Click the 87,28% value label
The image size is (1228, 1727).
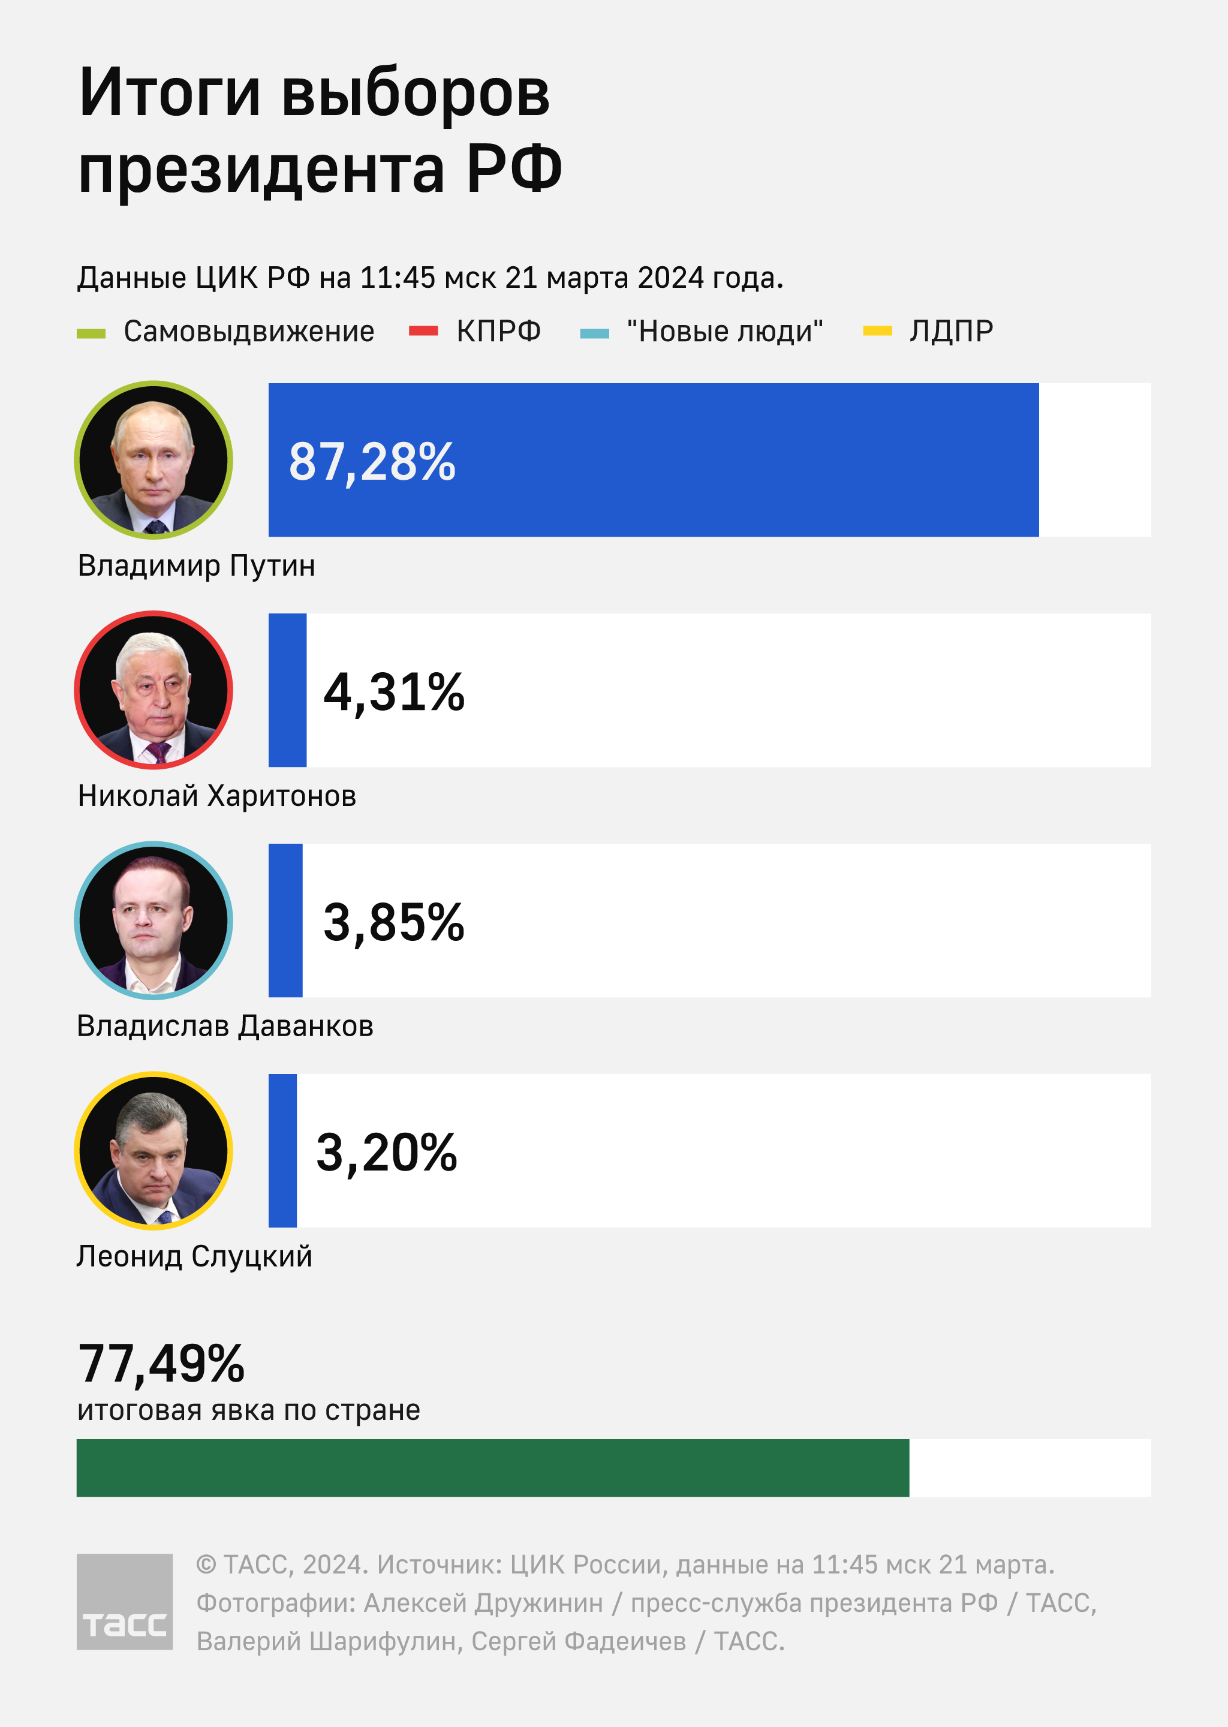[x=372, y=462]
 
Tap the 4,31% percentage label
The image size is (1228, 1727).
[x=394, y=693]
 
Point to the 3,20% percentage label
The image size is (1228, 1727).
[x=386, y=1153]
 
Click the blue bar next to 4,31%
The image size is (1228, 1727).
[x=287, y=690]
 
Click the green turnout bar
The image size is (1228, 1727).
[x=492, y=1467]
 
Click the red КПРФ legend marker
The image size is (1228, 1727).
[x=423, y=330]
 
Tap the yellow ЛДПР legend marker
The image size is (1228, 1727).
[x=877, y=330]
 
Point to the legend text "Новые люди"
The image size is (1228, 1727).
[x=724, y=331]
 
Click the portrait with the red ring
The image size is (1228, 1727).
[x=153, y=690]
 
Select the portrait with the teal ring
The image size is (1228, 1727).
[x=153, y=920]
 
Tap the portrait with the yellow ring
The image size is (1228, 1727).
[x=153, y=1151]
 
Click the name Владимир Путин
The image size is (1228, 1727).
[x=196, y=566]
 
